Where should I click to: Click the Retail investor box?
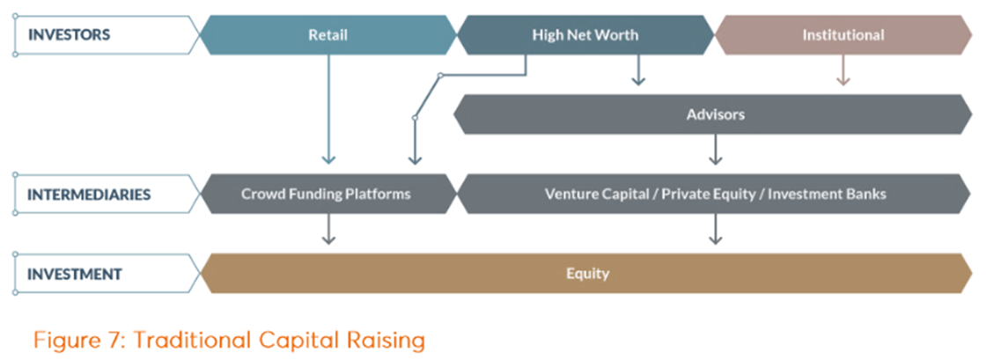(x=328, y=35)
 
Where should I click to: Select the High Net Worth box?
(x=585, y=35)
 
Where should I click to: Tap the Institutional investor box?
(x=843, y=35)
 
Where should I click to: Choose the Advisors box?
(x=714, y=114)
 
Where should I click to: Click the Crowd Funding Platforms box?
(x=328, y=194)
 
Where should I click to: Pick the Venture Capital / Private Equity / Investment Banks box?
(x=714, y=194)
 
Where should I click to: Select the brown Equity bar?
(x=586, y=273)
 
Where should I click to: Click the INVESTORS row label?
(x=69, y=35)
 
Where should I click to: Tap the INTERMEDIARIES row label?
(x=89, y=194)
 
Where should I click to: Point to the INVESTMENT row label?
(x=74, y=274)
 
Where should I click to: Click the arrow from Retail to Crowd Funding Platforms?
(x=328, y=110)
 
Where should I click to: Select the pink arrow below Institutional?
(x=843, y=70)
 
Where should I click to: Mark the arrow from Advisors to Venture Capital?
(x=715, y=150)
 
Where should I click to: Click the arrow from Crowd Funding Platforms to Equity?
(x=328, y=229)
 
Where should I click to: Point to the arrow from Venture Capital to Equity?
(x=715, y=229)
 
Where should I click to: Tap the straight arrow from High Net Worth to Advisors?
(x=638, y=70)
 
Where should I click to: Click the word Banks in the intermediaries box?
(x=866, y=194)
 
